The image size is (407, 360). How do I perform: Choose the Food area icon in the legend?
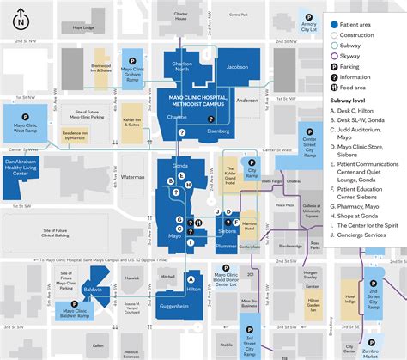(332, 87)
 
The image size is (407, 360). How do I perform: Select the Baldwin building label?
(94, 291)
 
